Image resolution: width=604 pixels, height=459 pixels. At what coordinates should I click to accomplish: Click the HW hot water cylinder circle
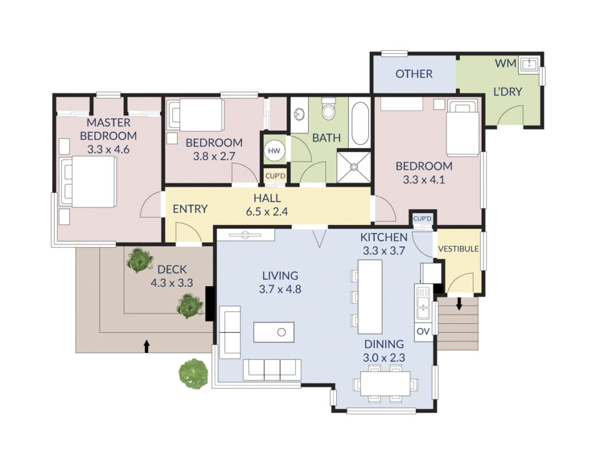pos(274,151)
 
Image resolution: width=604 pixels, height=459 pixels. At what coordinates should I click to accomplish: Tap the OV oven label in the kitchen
pos(423,332)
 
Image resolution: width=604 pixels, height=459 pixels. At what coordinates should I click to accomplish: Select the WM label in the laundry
pos(505,63)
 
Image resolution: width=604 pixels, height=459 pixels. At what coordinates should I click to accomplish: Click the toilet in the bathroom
pos(329,108)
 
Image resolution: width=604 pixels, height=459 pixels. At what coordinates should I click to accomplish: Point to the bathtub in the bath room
pos(360,123)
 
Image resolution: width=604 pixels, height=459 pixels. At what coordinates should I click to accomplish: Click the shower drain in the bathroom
pos(353,167)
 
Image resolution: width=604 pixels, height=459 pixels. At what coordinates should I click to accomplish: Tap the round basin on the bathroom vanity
pos(299,114)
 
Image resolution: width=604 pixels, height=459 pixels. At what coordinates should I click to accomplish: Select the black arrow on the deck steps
pos(146,346)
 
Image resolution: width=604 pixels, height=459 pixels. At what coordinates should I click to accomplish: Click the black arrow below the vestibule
pos(459,304)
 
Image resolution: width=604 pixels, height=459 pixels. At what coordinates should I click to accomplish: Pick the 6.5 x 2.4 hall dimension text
pos(267,212)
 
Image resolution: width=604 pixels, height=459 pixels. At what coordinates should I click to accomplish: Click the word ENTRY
pos(190,209)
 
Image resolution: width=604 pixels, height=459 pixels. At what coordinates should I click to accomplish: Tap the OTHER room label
pos(414,73)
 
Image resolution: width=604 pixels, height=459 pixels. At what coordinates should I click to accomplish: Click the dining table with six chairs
pos(385,383)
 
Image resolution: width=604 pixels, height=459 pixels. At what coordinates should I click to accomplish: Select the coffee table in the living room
pos(274,332)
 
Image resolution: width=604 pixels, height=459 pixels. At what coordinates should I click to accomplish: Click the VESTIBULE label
pos(458,249)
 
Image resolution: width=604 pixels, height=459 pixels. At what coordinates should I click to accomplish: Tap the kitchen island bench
pos(370,297)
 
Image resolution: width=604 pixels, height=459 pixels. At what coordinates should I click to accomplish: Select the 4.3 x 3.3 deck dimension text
pos(172,283)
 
